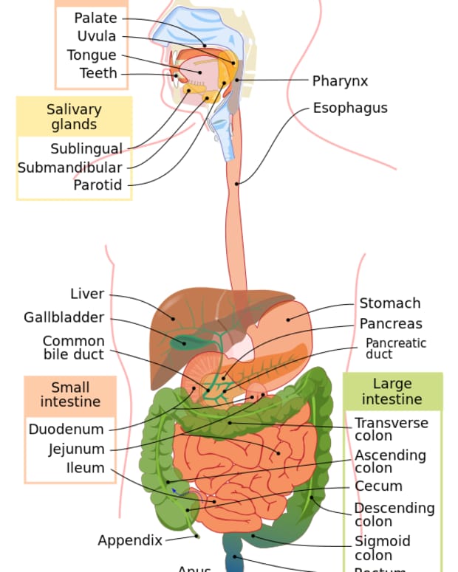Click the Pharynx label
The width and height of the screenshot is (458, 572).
339,81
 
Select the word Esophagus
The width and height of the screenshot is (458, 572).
349,108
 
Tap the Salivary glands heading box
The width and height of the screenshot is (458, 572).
74,117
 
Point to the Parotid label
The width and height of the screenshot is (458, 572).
98,185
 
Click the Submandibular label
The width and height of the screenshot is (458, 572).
69,168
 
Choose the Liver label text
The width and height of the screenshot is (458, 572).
87,294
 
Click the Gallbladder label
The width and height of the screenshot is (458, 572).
64,317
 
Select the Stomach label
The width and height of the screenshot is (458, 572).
389,303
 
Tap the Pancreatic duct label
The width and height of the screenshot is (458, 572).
395,348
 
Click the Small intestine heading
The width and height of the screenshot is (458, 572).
70,395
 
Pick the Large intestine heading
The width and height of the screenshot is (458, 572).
392,391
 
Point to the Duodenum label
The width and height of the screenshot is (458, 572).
66,430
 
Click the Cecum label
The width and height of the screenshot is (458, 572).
378,486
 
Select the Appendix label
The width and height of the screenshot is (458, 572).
130,540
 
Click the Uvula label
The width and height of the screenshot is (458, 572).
96,36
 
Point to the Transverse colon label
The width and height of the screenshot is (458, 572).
391,429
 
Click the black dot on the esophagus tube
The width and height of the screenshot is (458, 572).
237,184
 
